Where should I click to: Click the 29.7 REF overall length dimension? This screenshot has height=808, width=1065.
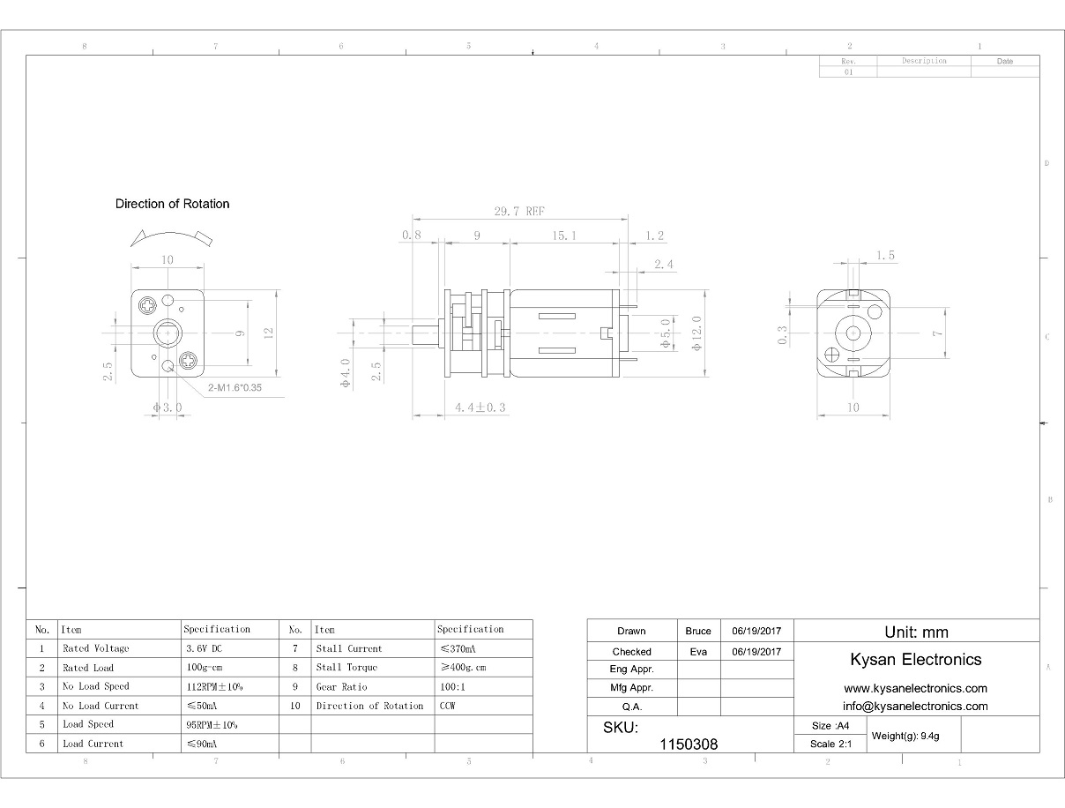pos(519,212)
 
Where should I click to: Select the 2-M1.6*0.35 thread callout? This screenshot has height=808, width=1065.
pos(235,388)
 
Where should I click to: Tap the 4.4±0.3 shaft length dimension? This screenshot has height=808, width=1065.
pos(480,408)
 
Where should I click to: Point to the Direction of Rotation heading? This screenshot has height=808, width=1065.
pos(172,204)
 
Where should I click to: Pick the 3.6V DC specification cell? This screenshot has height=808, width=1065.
pos(204,648)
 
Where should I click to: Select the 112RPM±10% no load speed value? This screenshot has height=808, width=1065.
pos(214,686)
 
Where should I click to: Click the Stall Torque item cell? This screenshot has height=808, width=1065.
pos(346,667)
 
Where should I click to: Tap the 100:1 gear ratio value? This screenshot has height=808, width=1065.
pos(452,686)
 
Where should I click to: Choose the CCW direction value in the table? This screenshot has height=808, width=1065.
pos(447,706)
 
